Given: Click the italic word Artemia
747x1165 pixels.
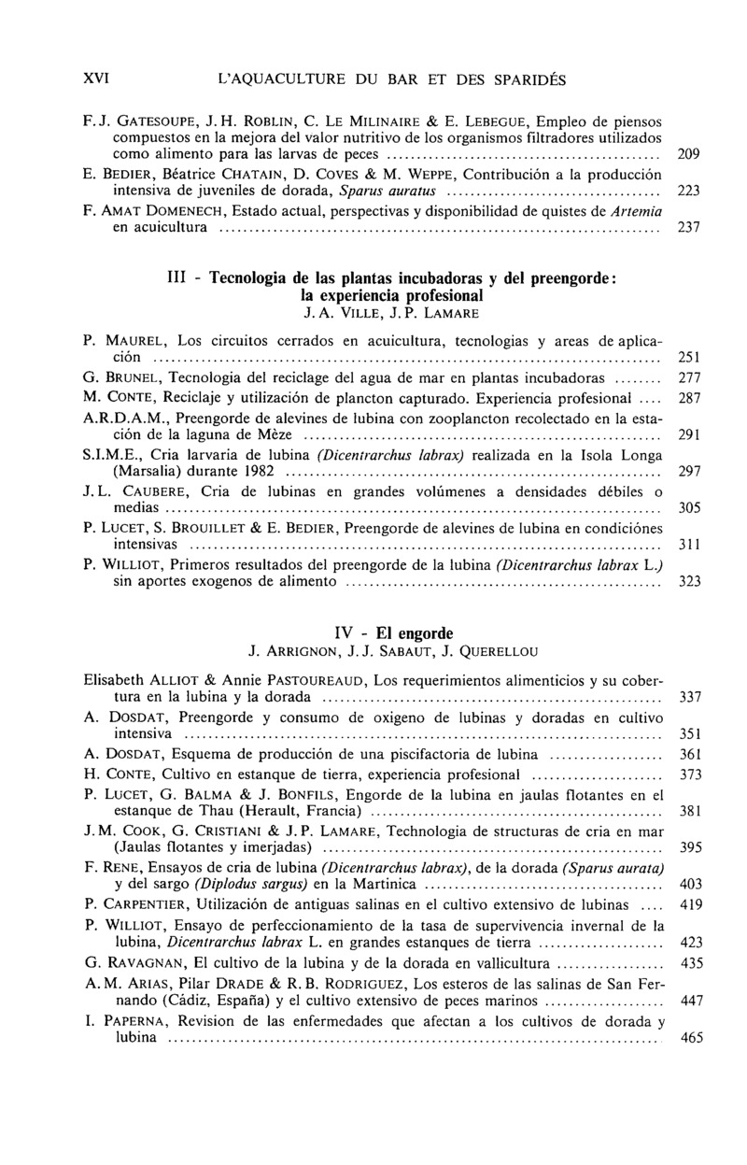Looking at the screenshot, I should (635, 212).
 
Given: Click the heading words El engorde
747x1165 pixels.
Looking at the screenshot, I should (402, 632).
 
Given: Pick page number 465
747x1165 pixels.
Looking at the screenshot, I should (692, 1038).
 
